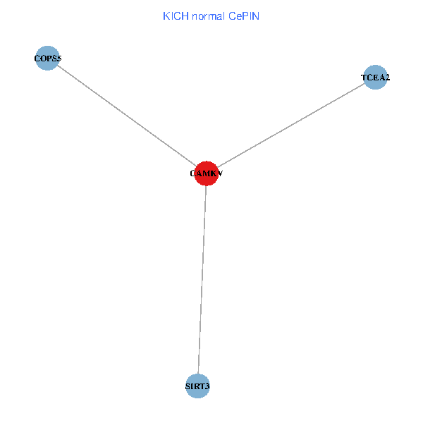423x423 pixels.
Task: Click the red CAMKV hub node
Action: tap(206, 173)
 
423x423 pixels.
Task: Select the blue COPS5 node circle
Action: tap(47, 58)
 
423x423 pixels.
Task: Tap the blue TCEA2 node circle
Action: tap(375, 78)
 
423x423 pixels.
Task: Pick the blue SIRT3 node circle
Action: tap(198, 386)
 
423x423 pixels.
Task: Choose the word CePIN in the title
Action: tap(244, 16)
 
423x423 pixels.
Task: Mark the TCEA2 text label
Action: tap(375, 78)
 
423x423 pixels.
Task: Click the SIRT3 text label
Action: tap(198, 386)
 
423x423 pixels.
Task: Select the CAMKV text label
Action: tap(206, 173)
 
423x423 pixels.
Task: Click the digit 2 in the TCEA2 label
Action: tap(387, 78)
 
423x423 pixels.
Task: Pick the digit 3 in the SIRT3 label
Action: tap(208, 386)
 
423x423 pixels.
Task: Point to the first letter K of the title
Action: tap(166, 16)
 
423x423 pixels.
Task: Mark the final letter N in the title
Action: tap(257, 16)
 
